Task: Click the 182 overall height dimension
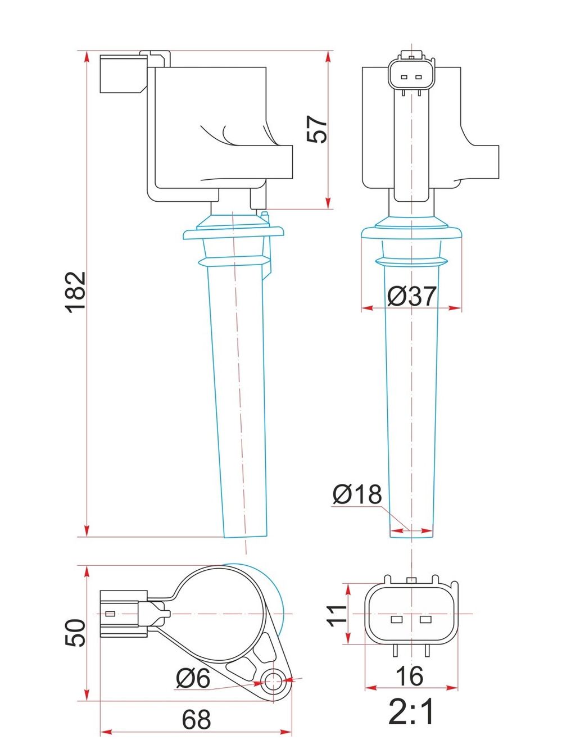point(75,292)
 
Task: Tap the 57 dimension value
point(317,129)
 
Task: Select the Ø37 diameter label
point(412,296)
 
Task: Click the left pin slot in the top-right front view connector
point(404,78)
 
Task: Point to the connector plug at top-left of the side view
point(124,74)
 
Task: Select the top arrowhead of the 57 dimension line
point(328,57)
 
